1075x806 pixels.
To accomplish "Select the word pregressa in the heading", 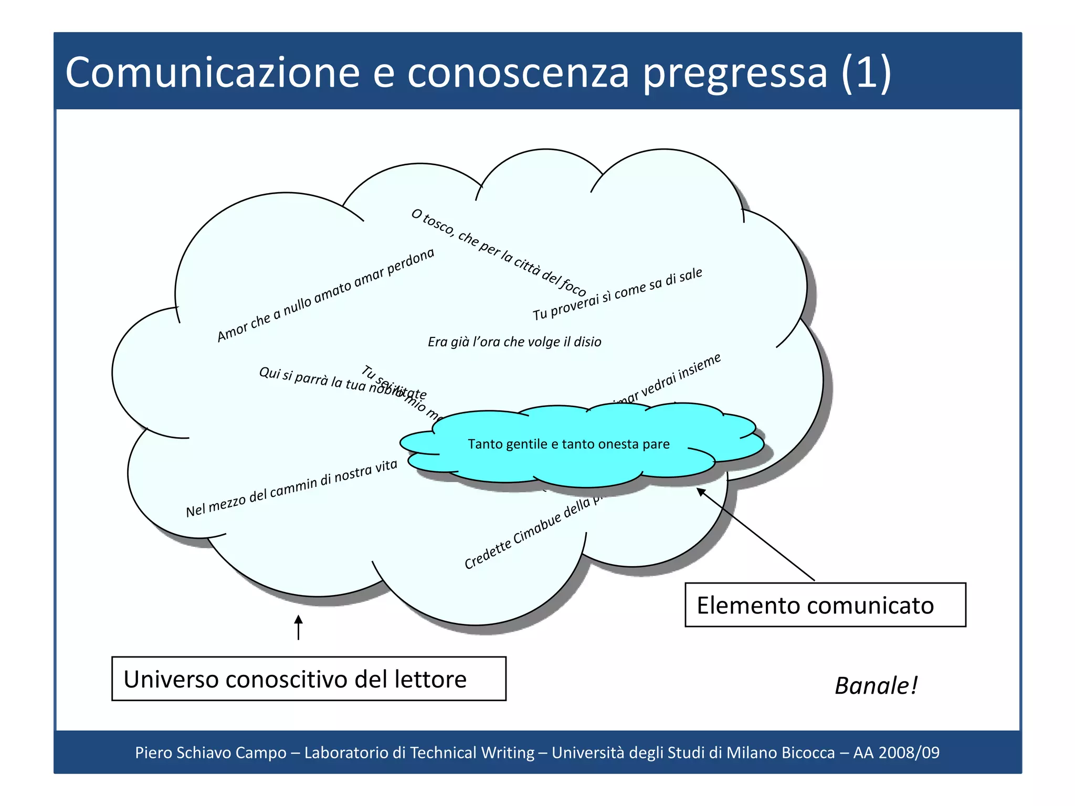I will click(735, 73).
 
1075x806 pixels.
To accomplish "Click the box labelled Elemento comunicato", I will click(825, 605).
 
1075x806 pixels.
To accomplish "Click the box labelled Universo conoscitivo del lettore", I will click(308, 678).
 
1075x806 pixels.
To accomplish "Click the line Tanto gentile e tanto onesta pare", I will click(568, 444).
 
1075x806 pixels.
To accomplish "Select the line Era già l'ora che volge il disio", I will click(514, 342).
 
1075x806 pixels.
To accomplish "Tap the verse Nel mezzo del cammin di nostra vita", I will click(291, 489).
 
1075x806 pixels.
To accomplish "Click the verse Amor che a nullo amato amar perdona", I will click(325, 295).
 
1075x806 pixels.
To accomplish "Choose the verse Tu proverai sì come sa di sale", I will click(617, 294).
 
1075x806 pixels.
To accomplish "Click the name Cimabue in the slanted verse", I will click(536, 529).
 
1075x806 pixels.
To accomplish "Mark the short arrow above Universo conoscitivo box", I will click(298, 627).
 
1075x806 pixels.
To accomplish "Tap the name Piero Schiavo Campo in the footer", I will click(210, 752).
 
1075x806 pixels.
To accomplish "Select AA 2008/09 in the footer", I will click(896, 752).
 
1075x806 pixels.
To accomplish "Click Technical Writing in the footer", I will click(472, 752).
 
